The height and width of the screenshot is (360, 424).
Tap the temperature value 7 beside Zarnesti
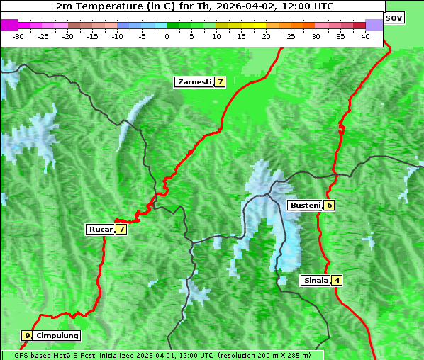point(221,82)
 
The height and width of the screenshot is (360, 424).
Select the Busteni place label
point(304,206)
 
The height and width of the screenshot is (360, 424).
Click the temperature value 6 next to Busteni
point(330,206)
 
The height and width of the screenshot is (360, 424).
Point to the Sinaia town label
point(316,280)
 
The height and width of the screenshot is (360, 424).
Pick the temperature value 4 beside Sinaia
point(337,280)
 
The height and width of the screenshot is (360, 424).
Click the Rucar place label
point(99,229)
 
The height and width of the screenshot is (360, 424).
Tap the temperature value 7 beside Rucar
point(121,229)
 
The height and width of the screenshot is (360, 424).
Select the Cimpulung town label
point(57,335)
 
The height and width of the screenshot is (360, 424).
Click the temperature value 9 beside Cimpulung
point(27,335)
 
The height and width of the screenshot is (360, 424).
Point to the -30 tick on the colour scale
point(18,36)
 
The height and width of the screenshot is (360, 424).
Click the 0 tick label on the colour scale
point(167,36)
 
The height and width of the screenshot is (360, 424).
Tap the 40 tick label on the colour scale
point(365,36)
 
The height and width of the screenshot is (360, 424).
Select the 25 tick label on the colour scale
point(291,36)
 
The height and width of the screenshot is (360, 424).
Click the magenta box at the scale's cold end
point(9,25)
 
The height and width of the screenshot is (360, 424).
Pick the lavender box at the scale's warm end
point(374,25)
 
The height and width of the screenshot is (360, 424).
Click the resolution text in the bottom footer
point(264,355)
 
